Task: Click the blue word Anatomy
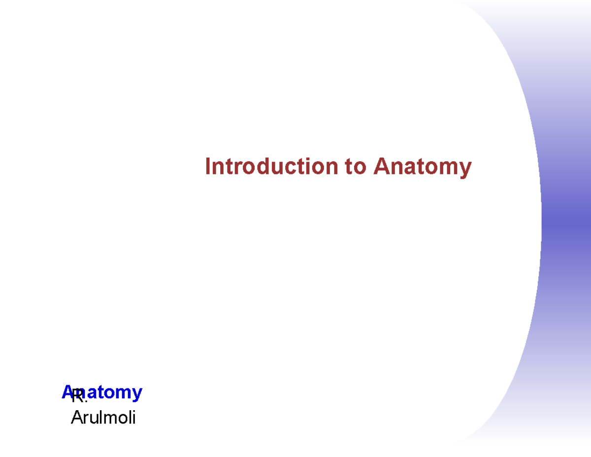102,392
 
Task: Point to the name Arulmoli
103,418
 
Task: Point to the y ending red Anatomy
465,169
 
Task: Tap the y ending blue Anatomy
137,394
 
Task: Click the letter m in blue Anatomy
125,393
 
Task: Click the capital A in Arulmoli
76,418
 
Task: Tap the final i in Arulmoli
133,418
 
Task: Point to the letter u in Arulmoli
90,419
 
